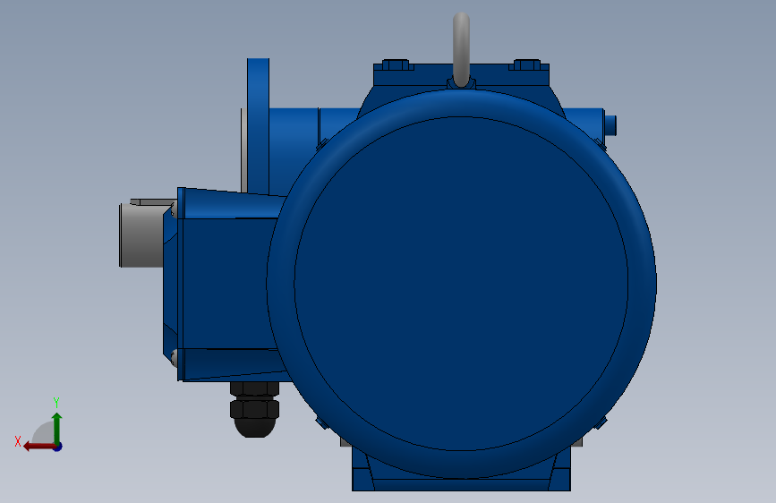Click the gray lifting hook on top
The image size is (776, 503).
461,48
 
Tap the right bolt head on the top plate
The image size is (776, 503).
526,64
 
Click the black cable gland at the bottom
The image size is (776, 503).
254,409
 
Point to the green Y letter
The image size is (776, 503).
56,402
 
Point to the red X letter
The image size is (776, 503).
18,441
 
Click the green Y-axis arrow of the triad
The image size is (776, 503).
57,428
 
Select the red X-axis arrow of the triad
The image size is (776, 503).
39,447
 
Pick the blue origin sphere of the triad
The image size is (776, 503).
58,447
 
